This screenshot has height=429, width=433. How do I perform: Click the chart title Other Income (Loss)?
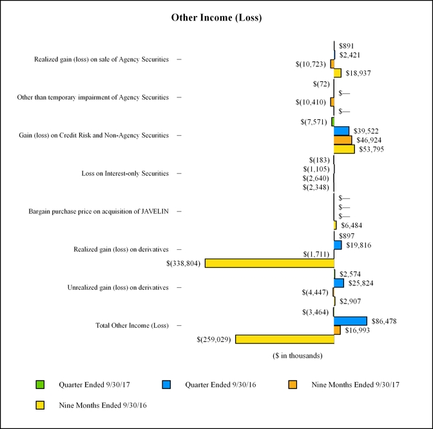pyautogui.click(x=216, y=17)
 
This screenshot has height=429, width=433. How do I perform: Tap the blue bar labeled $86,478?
pyautogui.click(x=351, y=321)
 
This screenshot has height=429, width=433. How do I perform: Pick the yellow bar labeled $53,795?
pyautogui.click(x=344, y=149)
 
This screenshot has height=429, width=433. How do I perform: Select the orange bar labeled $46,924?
pyautogui.click(x=343, y=140)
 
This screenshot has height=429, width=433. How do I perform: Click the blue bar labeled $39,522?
pyautogui.click(x=342, y=131)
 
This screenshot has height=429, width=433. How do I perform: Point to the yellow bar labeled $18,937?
pyautogui.click(x=338, y=73)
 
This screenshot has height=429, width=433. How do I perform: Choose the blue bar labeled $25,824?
pyautogui.click(x=339, y=283)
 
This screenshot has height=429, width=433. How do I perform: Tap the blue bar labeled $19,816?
pyautogui.click(x=338, y=245)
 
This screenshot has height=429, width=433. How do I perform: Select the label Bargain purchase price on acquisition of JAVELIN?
pyautogui.click(x=99, y=211)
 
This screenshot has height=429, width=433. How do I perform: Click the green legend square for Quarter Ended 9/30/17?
pyautogui.click(x=40, y=385)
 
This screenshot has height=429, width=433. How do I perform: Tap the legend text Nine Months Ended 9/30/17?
pyautogui.click(x=352, y=385)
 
